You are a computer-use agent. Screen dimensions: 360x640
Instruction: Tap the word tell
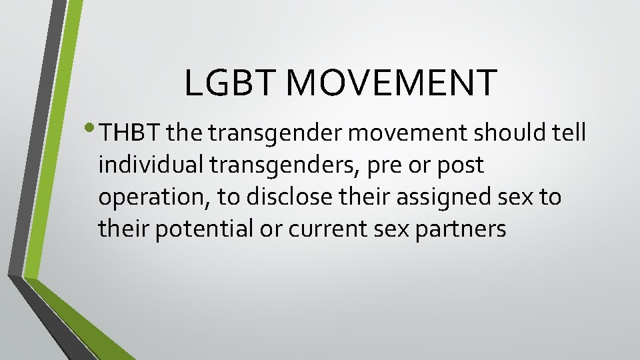point(569,133)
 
